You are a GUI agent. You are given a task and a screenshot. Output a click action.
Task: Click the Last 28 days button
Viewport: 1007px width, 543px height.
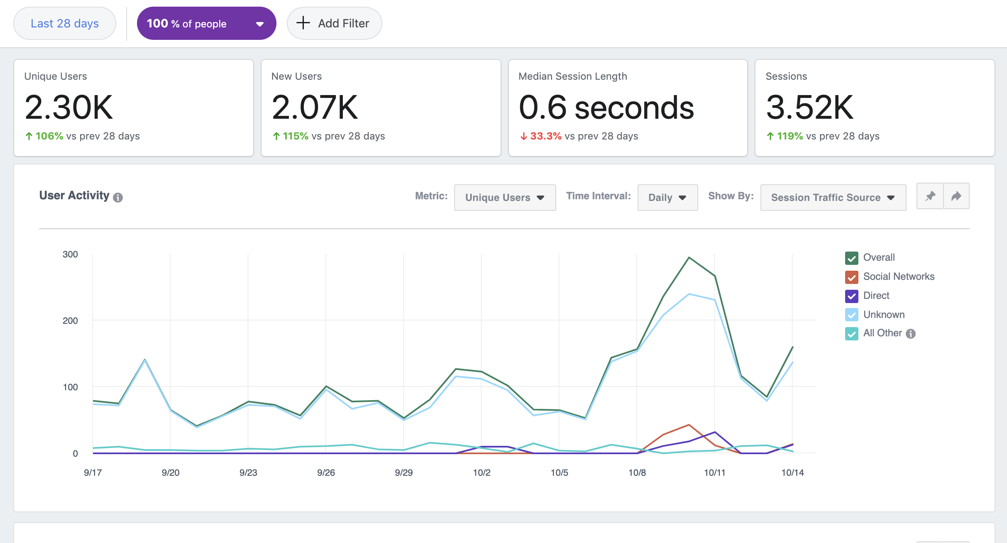click(64, 23)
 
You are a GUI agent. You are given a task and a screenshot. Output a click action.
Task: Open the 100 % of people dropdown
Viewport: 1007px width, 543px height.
click(206, 23)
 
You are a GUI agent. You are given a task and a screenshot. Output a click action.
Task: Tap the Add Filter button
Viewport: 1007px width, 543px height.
click(334, 23)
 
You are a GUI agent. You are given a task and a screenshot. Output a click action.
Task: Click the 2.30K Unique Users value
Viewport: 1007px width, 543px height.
click(68, 108)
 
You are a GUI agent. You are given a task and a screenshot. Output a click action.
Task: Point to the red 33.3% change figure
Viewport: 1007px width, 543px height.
click(545, 136)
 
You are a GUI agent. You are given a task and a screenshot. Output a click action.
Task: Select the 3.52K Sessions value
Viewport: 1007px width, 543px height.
click(809, 108)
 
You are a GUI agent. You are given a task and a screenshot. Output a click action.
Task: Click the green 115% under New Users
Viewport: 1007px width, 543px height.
click(295, 136)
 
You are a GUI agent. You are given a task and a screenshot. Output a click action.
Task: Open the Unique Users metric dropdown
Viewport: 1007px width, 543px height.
click(505, 198)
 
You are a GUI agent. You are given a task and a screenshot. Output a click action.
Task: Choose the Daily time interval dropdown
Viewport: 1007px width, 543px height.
click(667, 198)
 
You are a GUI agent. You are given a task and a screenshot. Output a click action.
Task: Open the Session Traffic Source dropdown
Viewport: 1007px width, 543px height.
click(833, 198)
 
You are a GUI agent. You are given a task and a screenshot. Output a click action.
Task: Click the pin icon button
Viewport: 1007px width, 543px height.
click(930, 196)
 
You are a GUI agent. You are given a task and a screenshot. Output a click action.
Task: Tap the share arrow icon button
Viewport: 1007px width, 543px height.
click(956, 196)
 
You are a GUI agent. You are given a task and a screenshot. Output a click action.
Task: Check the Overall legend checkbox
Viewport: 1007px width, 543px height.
click(851, 258)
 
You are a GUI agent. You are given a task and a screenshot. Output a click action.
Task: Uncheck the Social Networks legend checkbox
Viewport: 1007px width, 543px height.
click(851, 277)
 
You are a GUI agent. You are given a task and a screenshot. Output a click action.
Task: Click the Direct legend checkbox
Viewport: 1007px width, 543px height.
click(851, 296)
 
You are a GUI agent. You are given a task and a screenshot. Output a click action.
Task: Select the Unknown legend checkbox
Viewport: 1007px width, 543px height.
click(851, 315)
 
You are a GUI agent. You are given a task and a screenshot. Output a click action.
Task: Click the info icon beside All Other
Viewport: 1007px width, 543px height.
click(911, 334)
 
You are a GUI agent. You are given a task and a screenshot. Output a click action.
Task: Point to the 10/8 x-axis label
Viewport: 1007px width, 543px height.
click(637, 472)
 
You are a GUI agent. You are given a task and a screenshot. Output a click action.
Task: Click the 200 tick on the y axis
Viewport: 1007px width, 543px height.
click(70, 320)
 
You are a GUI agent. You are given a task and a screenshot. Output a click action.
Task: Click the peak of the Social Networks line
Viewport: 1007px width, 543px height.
click(689, 425)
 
